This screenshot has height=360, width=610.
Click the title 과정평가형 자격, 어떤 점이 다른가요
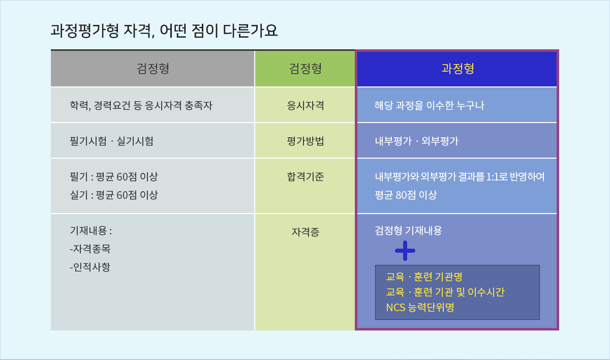point(164,31)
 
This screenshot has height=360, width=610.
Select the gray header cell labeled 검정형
point(152,68)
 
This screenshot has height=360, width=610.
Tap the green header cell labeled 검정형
point(305,68)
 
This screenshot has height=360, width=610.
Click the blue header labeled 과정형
point(457,68)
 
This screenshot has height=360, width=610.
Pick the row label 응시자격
point(306,105)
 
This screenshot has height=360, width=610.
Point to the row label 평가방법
point(306,141)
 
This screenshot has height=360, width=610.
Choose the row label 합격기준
point(306,177)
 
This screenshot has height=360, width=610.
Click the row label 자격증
point(306,232)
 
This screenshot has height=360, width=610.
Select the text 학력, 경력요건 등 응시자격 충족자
point(141,105)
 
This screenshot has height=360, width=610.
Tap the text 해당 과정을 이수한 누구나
point(429,105)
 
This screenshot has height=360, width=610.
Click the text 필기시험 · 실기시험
point(112,141)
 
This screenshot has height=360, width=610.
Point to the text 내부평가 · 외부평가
point(417,141)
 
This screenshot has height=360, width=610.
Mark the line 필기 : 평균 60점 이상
point(114,177)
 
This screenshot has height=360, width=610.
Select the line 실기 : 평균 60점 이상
point(114,195)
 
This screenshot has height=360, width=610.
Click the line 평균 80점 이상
point(406,195)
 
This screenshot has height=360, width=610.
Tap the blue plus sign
point(405,251)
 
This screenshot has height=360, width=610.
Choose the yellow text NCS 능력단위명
point(420,308)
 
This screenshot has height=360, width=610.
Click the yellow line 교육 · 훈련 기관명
point(424,277)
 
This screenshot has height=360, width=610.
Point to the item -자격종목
point(90,249)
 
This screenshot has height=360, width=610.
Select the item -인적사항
point(90,267)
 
